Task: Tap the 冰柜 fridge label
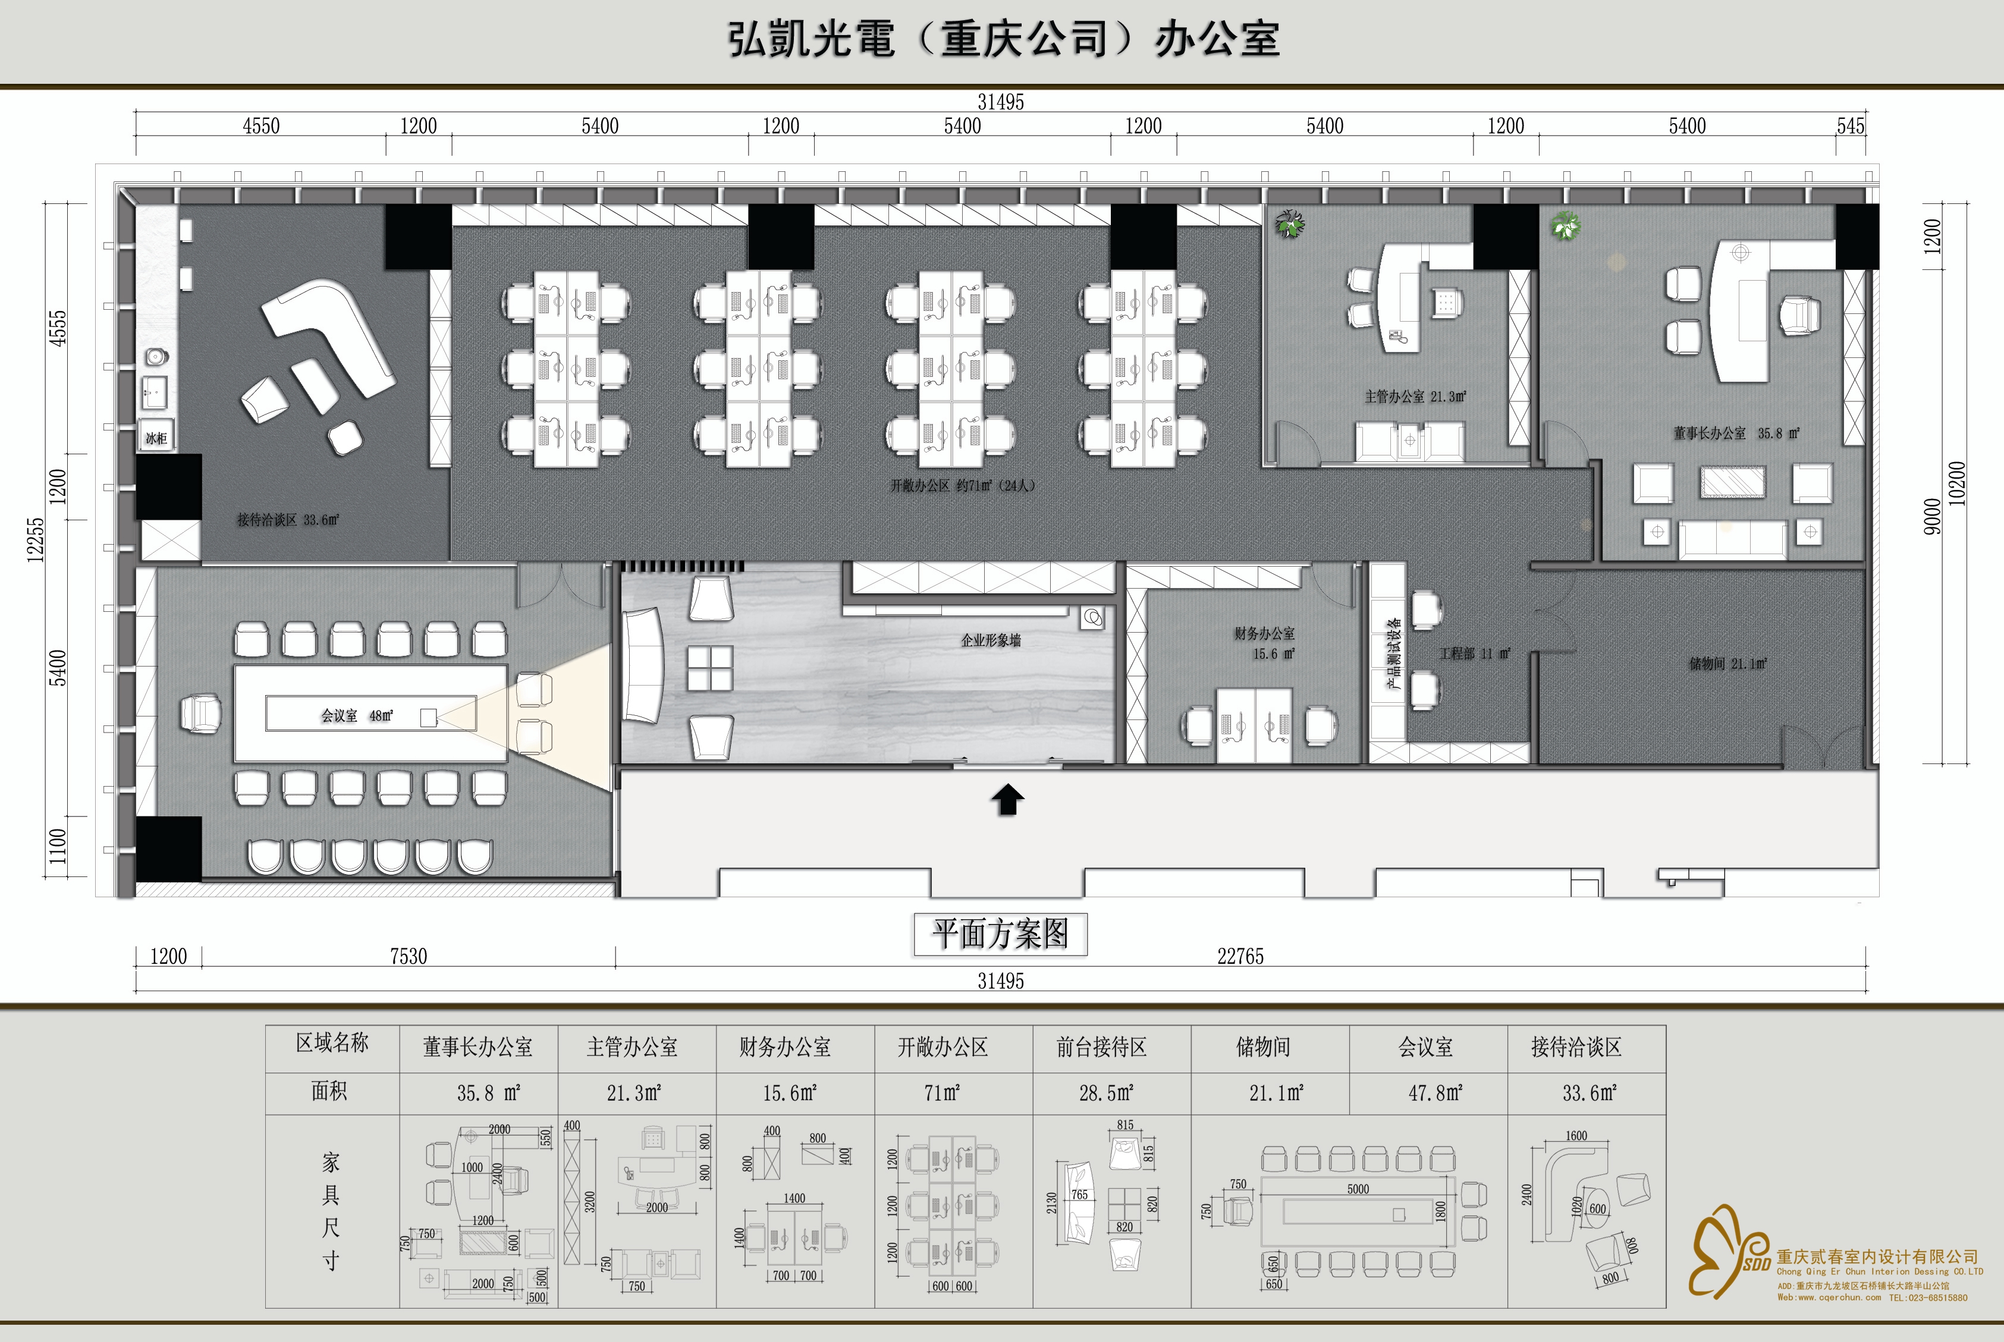click(156, 438)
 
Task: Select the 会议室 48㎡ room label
click(357, 715)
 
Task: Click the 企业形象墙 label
click(991, 640)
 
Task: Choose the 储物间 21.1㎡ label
click(1727, 664)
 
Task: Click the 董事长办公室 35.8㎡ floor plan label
click(1736, 433)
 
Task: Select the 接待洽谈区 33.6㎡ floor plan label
click(288, 520)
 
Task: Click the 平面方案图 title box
click(1000, 934)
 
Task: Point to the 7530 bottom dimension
click(409, 956)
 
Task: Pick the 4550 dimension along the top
click(261, 127)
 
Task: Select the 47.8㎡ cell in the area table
click(1436, 1092)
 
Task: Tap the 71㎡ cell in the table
click(942, 1092)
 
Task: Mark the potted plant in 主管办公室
click(1289, 225)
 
